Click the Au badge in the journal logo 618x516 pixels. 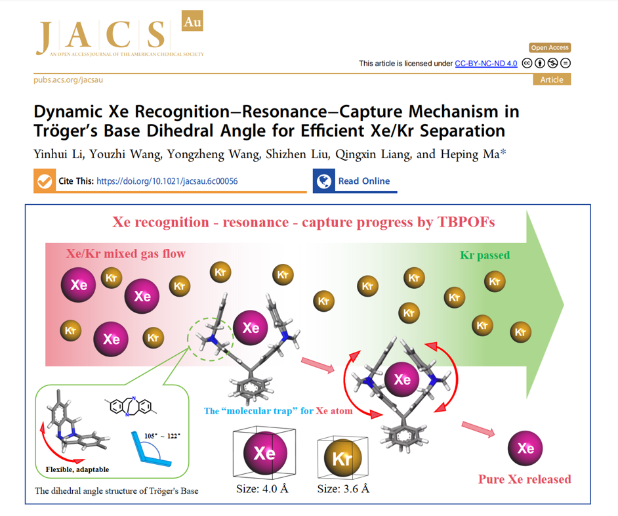192,21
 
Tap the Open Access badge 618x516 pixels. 550,48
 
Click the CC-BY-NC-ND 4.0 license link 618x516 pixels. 486,64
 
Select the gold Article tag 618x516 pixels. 552,79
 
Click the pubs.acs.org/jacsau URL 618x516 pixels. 68,79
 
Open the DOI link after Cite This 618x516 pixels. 167,181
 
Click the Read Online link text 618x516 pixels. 364,181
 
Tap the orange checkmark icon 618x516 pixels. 45,181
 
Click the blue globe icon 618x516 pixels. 324,181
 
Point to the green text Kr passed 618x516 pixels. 485,255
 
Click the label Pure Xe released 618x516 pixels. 525,479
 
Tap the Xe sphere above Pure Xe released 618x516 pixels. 525,448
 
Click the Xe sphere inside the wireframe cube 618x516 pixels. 265,453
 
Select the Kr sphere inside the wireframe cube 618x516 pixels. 342,458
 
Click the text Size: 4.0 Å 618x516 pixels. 262,489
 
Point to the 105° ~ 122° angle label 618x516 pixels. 162,436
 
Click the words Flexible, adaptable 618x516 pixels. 77,469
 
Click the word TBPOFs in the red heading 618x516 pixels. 466,222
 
